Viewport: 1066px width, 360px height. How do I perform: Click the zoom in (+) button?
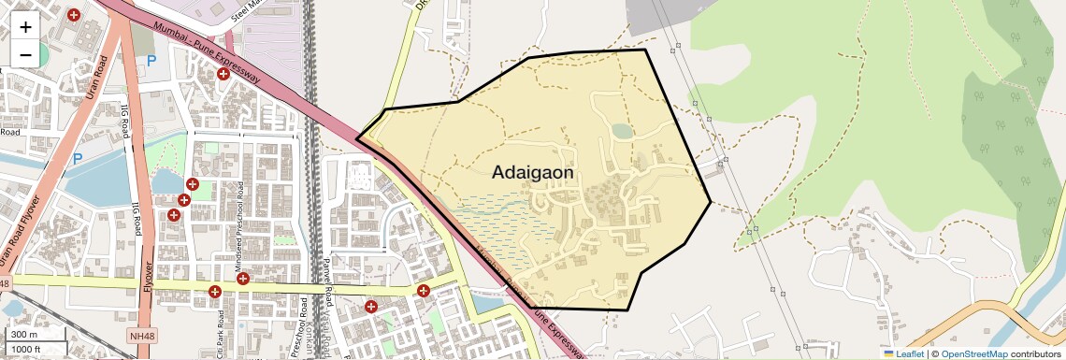click(25, 26)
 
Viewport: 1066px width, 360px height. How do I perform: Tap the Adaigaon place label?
click(532, 172)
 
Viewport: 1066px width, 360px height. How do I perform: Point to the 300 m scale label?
click(24, 335)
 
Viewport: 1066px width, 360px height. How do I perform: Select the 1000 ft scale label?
click(28, 350)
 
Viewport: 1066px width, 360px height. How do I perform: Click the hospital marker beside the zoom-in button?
click(74, 15)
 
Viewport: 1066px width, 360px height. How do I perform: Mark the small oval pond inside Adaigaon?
click(622, 132)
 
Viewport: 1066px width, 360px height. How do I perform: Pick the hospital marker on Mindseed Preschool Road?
click(242, 278)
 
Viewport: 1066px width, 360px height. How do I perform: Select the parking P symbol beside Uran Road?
click(78, 159)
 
